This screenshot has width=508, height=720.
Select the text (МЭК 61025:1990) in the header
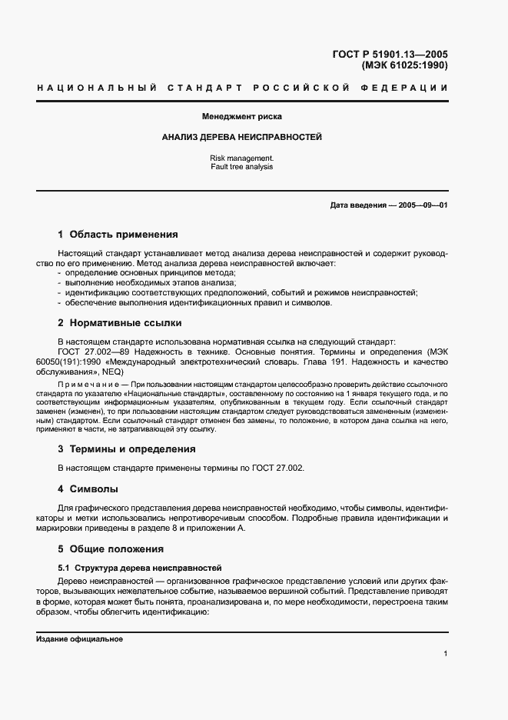404,65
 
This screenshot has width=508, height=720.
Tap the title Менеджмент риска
241,117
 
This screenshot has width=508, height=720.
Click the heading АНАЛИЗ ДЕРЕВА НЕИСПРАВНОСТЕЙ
241,137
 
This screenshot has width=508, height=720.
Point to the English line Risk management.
241,157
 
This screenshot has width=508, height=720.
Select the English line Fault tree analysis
241,166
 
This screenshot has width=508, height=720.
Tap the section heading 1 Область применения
118,235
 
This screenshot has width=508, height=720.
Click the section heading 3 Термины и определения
127,448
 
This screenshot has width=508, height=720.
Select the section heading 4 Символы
88,488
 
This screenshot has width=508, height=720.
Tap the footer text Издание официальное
79,639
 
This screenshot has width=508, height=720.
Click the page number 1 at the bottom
445,654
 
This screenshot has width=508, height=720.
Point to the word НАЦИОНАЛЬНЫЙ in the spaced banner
91,88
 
